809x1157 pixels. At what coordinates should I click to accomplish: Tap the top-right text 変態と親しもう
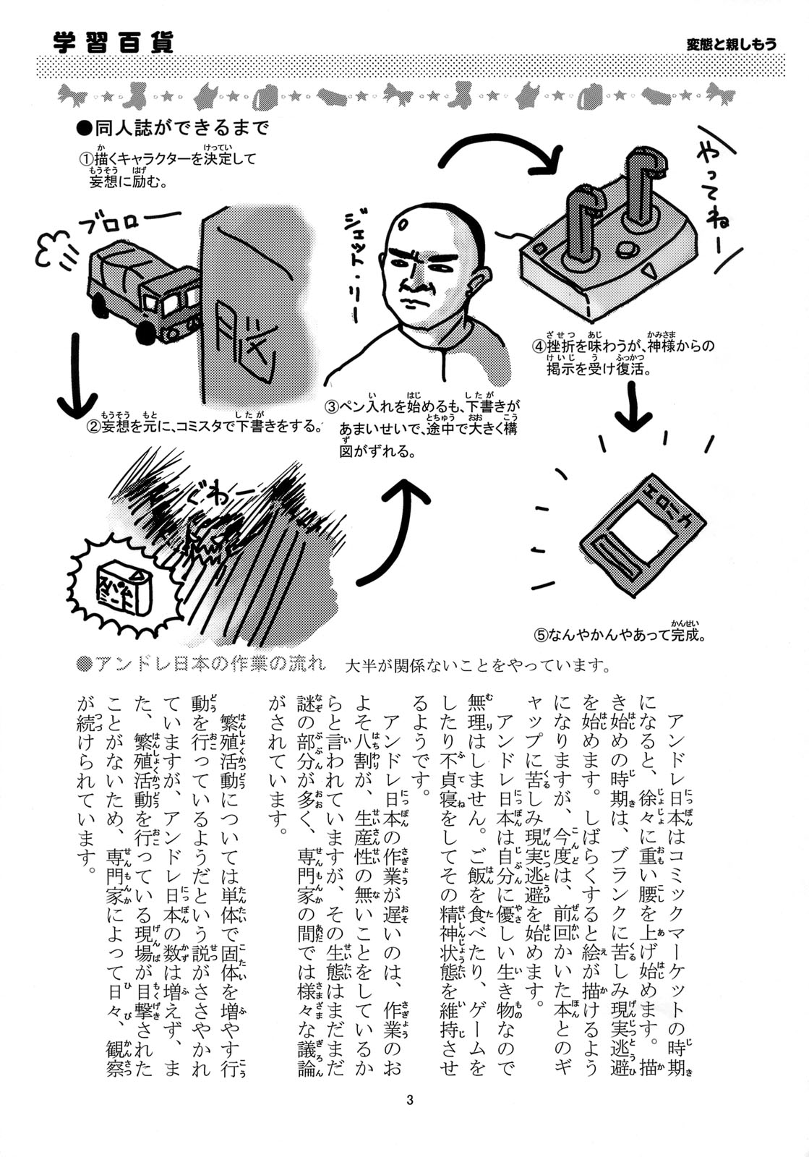click(731, 44)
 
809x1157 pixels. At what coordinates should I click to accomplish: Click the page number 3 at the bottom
click(409, 1100)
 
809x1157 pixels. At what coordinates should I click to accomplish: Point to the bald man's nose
click(421, 284)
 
